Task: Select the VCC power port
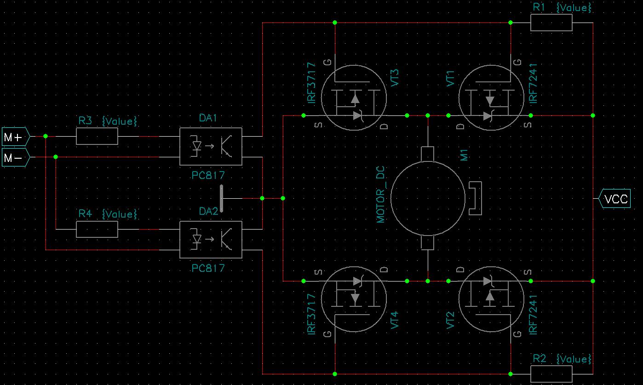tap(615, 199)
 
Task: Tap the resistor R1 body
tap(551, 23)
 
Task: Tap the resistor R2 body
tap(551, 374)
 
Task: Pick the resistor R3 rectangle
tap(97, 136)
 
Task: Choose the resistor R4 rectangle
tap(97, 229)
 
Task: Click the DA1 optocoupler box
tap(210, 146)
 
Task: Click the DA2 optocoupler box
tap(210, 239)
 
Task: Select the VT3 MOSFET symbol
tap(353, 98)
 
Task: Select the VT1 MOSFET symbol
tap(491, 98)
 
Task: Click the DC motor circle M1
tap(428, 198)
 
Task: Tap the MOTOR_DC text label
tap(381, 195)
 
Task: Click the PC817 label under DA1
tap(208, 175)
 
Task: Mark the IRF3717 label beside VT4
tap(311, 314)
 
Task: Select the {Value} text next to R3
tap(120, 121)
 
